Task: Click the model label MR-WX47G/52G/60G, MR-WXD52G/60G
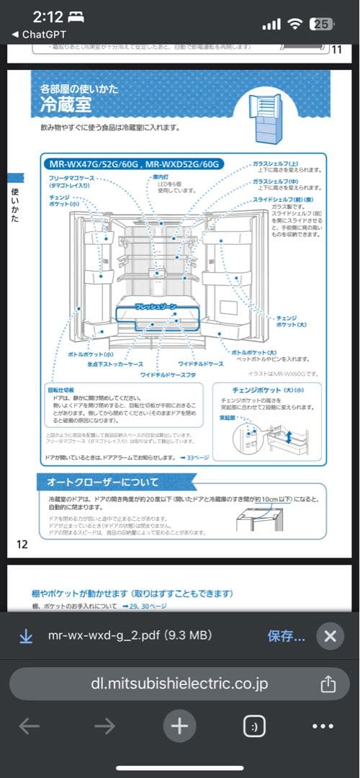coord(132,164)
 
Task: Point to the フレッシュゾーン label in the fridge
coord(156,307)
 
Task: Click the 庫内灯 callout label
coord(160,176)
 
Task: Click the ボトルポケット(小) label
coord(91,354)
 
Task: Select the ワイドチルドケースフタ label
coord(168,375)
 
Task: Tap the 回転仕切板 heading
coord(59,390)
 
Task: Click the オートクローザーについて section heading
coord(103,481)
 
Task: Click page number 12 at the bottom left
coord(22,544)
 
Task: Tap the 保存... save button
coord(286,636)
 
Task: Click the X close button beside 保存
coord(330,636)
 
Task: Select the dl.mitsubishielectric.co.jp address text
coord(179,683)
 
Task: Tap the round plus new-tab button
coord(179,726)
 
